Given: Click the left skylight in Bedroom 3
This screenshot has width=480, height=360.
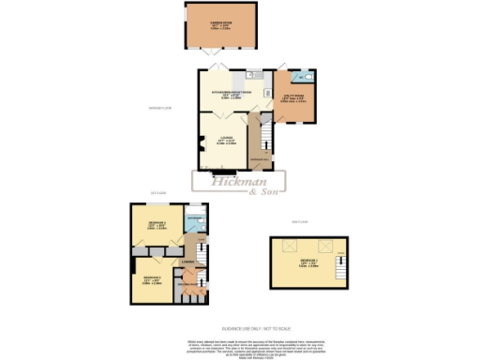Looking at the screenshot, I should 278,247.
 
